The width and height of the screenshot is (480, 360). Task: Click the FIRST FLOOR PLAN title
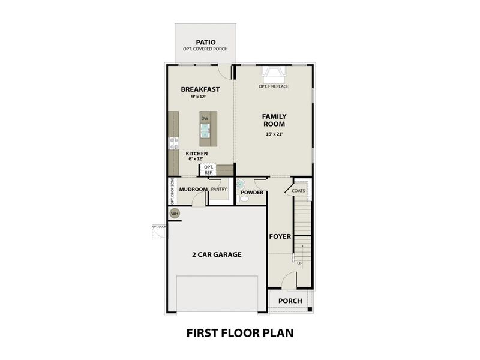239,332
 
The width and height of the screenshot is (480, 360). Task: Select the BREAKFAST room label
200,89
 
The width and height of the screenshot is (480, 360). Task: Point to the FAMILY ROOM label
274,120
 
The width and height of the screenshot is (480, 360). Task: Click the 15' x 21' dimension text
274,134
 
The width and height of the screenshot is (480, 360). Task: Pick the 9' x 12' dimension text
198,97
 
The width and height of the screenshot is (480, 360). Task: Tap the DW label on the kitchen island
205,119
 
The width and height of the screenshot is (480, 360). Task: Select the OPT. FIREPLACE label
274,86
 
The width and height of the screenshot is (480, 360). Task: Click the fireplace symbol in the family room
274,74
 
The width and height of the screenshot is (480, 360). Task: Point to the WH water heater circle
175,213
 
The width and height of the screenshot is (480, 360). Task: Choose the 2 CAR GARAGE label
217,254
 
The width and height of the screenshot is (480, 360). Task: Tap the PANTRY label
218,189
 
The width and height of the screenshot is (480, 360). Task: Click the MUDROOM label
193,190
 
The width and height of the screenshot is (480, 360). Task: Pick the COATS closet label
299,191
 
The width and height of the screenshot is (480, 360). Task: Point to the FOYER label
280,236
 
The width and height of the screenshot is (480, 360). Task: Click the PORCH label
290,301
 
